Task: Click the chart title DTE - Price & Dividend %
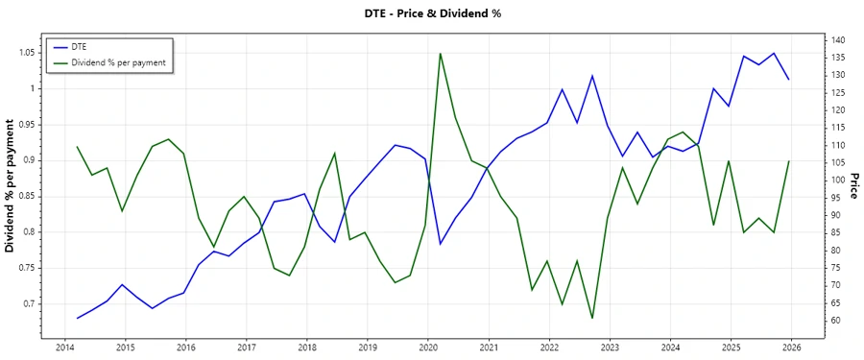pyautogui.click(x=432, y=13)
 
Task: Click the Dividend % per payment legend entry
pyautogui.click(x=118, y=61)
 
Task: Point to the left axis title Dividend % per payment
pyautogui.click(x=11, y=186)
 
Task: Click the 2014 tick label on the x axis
pyautogui.click(x=65, y=347)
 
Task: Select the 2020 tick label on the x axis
pyautogui.click(x=428, y=347)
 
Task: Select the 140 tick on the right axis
pyautogui.click(x=837, y=40)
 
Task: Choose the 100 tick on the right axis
pyautogui.click(x=837, y=180)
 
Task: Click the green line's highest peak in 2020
pyautogui.click(x=440, y=53)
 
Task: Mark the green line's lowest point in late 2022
pyautogui.click(x=591, y=318)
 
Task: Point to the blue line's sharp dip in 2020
pyautogui.click(x=440, y=244)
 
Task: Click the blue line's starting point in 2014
pyautogui.click(x=77, y=318)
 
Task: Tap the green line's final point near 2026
pyautogui.click(x=789, y=161)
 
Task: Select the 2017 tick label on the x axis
pyautogui.click(x=247, y=347)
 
